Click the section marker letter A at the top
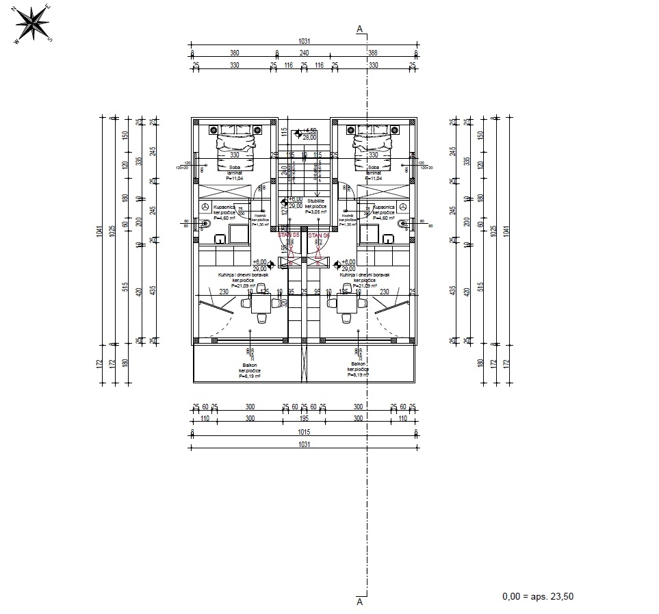pos(360,29)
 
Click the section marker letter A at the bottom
pos(360,602)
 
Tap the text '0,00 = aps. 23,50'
pos(537,596)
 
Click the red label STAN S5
pos(289,235)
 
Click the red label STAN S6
pos(319,235)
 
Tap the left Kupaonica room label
pos(224,205)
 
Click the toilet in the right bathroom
pos(403,223)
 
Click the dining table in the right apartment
pos(347,302)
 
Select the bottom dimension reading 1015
pos(304,431)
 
